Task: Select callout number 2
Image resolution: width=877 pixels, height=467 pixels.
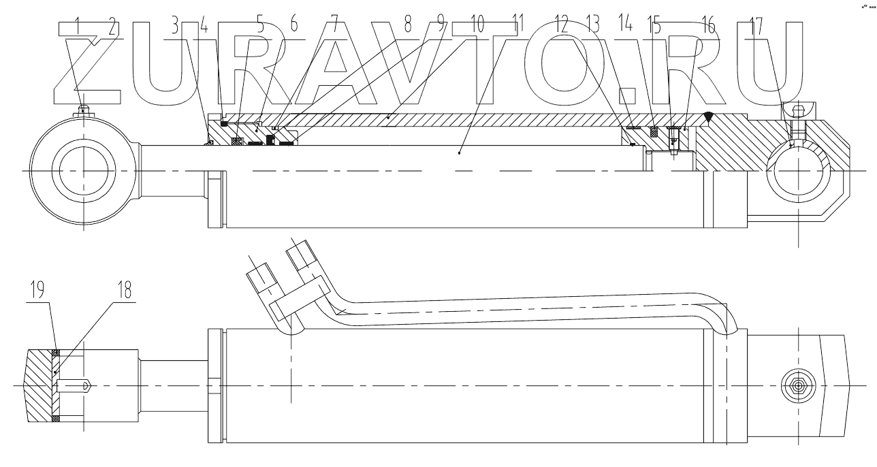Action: click(112, 27)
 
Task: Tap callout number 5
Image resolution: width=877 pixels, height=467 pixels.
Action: click(259, 27)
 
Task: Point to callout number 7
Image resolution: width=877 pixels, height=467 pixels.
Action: click(333, 27)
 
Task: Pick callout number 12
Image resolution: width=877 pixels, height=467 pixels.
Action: click(562, 27)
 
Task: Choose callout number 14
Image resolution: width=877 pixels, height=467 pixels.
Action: click(626, 27)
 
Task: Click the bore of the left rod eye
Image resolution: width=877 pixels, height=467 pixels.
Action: click(82, 170)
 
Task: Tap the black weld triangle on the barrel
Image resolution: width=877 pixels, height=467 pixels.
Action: click(708, 118)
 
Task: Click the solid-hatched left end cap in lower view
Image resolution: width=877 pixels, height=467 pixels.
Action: click(39, 385)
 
